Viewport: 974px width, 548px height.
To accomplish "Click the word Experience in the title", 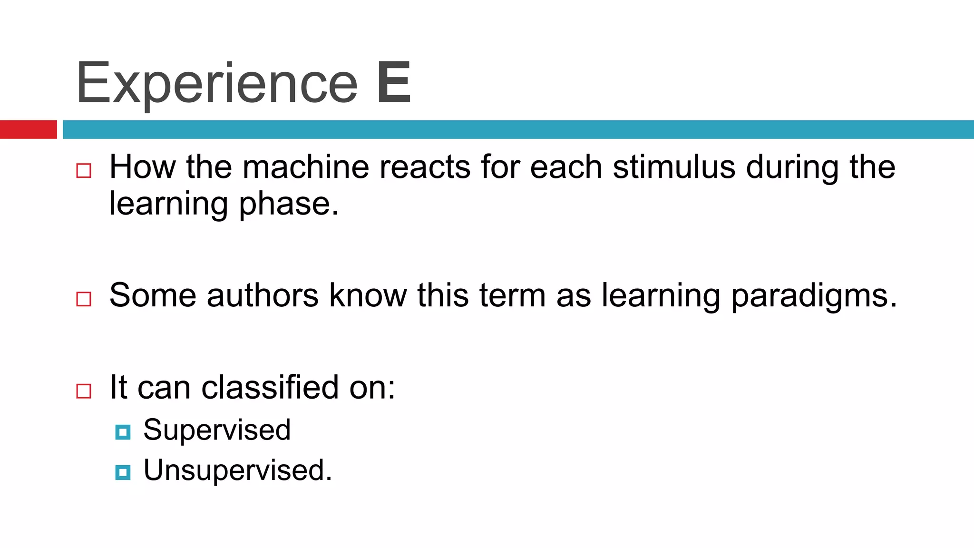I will [x=216, y=83].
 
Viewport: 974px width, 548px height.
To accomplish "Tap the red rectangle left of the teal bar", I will [x=28, y=129].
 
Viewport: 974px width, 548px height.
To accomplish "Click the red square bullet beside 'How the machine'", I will [x=84, y=170].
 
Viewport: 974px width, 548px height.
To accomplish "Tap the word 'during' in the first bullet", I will [x=792, y=168].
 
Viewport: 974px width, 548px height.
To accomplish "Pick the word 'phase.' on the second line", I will [x=289, y=204].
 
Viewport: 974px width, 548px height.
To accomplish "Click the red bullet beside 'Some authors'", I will [x=84, y=299].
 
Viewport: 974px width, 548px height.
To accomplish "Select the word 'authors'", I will [x=263, y=295].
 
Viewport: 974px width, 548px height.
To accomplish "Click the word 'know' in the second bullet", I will [x=368, y=295].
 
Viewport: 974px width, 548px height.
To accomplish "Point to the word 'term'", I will [x=512, y=295].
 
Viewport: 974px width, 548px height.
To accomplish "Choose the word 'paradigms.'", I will [x=814, y=296].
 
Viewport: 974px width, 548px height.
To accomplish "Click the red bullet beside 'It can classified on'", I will [x=84, y=391].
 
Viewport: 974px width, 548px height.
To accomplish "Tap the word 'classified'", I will [x=270, y=387].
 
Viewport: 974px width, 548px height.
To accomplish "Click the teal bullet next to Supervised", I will [x=123, y=432].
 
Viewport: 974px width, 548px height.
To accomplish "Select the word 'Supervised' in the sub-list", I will [x=217, y=430].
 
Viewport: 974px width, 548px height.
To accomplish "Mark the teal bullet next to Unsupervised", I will [x=123, y=472].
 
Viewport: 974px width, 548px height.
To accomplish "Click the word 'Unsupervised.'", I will [x=238, y=470].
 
